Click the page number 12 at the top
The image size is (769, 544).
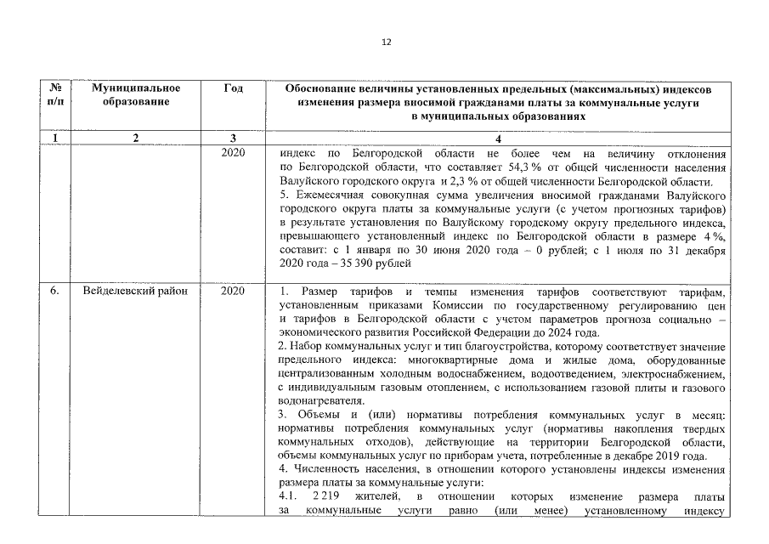(x=385, y=42)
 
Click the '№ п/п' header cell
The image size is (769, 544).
(x=54, y=95)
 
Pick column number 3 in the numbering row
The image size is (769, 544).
(x=233, y=139)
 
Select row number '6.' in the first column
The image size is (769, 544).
(x=54, y=292)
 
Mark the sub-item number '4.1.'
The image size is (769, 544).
(x=290, y=496)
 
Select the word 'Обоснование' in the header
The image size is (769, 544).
(x=322, y=88)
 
